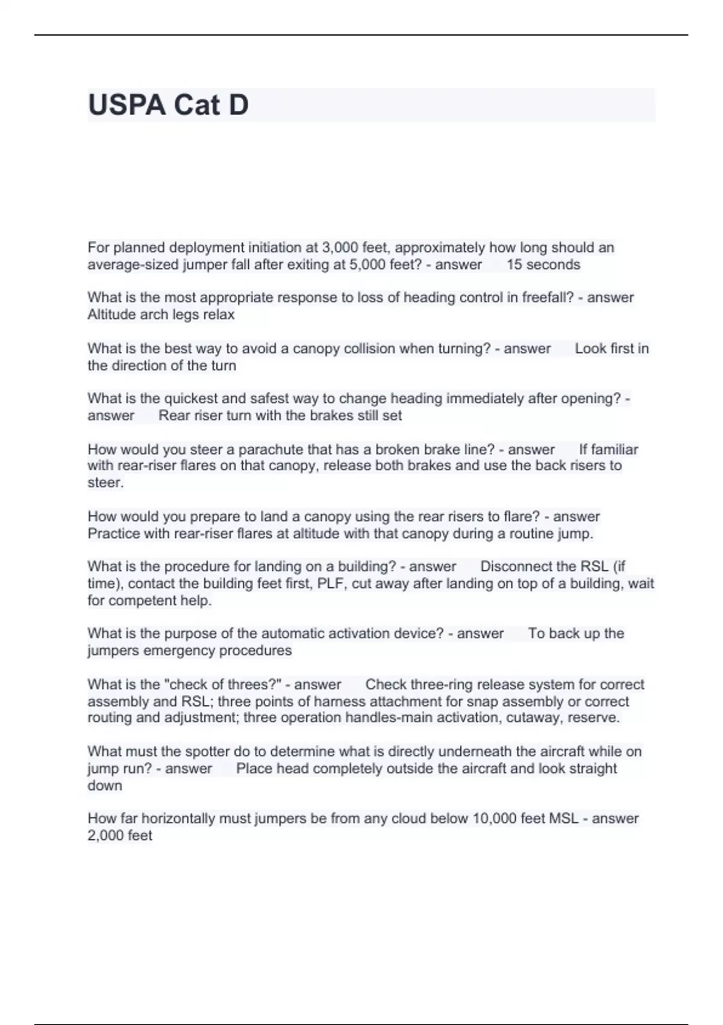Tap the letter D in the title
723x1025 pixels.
pyautogui.click(x=238, y=105)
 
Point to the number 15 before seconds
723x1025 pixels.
pyautogui.click(x=515, y=265)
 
